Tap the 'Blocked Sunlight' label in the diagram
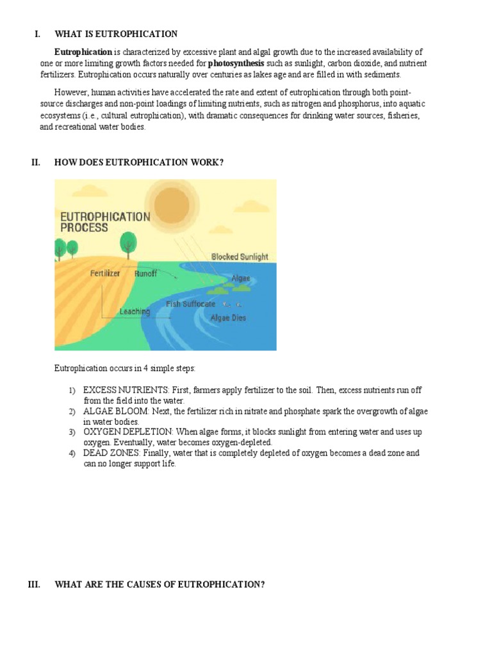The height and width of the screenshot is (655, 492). pyautogui.click(x=240, y=256)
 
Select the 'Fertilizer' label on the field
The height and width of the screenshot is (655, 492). pyautogui.click(x=105, y=273)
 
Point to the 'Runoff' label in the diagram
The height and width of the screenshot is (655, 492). pyautogui.click(x=145, y=273)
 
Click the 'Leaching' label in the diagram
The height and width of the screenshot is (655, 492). pyautogui.click(x=135, y=312)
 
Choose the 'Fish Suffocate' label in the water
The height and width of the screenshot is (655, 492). pyautogui.click(x=190, y=304)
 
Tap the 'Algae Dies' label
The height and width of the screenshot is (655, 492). pyautogui.click(x=228, y=317)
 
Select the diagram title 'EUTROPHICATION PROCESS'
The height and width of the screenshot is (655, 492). pyautogui.click(x=104, y=221)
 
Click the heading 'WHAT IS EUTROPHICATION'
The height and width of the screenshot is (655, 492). pyautogui.click(x=116, y=34)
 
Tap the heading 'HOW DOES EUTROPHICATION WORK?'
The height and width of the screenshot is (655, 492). pyautogui.click(x=139, y=162)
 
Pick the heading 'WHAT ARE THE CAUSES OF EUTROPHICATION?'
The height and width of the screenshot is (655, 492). pyautogui.click(x=160, y=585)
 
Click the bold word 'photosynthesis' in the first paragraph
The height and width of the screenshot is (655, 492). pyautogui.click(x=236, y=63)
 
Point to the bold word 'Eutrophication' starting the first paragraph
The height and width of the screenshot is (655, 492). pyautogui.click(x=83, y=52)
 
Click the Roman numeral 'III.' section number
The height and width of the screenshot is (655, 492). pyautogui.click(x=35, y=585)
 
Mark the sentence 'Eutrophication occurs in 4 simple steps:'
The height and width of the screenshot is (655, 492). pyautogui.click(x=125, y=368)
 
